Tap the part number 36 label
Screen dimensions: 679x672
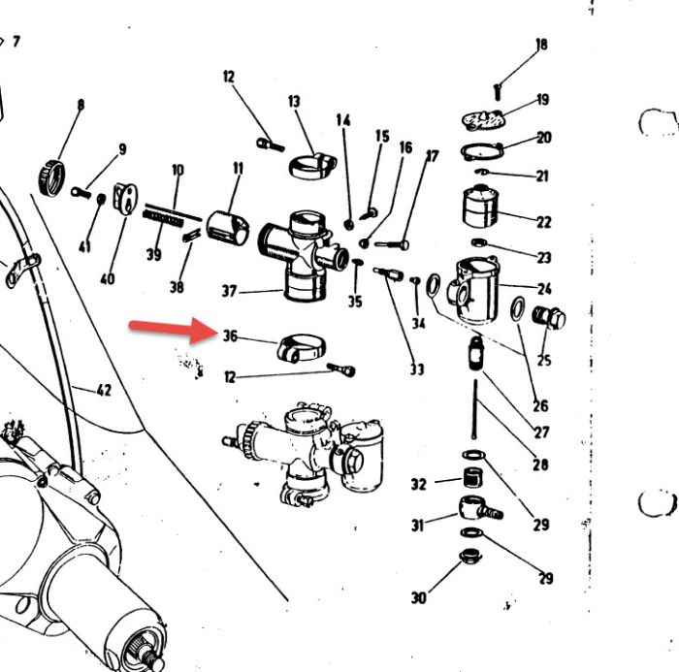pos(231,336)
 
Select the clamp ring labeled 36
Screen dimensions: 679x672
pos(301,348)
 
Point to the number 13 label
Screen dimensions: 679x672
pos(294,101)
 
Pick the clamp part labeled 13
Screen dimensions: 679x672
pos(312,166)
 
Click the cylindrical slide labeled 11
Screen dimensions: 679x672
pos(227,228)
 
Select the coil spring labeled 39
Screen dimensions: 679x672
pos(162,219)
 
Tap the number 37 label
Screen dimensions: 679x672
pos(230,291)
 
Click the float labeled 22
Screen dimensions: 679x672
pos(480,207)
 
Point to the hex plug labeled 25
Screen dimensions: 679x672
pos(549,316)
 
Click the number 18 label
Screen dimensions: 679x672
pos(541,45)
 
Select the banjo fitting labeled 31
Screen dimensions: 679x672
pos(480,508)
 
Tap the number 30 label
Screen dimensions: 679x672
pos(419,598)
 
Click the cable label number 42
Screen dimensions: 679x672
pos(104,391)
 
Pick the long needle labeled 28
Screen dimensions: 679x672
pos(475,409)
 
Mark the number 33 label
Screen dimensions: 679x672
pos(417,369)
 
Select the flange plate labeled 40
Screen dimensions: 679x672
pos(125,199)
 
